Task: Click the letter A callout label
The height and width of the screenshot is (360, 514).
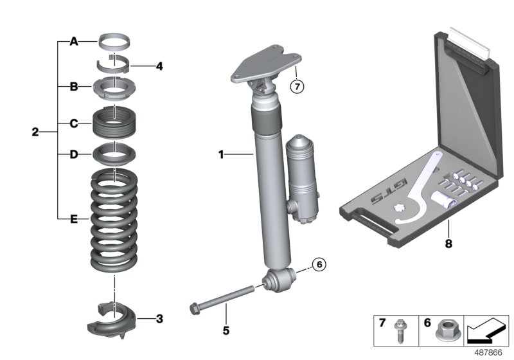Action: [x=73, y=42]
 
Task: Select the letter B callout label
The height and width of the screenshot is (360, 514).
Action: [x=73, y=85]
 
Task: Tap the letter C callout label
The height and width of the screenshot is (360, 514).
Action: [x=73, y=123]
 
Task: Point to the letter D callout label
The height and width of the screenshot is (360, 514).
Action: [x=73, y=154]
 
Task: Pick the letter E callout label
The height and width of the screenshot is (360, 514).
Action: [x=73, y=220]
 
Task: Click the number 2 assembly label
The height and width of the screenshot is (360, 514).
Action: [x=35, y=133]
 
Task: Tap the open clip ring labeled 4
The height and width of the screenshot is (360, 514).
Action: [x=114, y=64]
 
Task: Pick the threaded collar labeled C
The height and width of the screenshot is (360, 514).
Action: [x=114, y=122]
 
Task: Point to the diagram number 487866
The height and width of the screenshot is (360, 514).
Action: [x=491, y=352]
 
